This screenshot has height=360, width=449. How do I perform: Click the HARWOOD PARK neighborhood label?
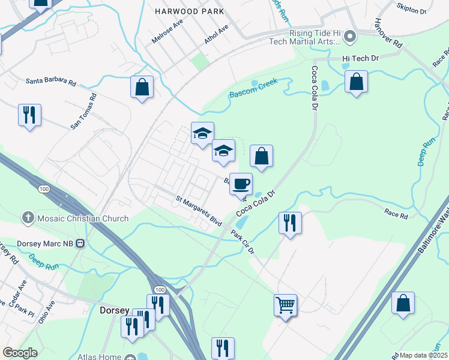189,11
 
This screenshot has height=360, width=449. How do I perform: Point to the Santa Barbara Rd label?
51,81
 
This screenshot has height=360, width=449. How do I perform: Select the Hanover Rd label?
388,32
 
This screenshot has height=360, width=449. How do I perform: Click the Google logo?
20,353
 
